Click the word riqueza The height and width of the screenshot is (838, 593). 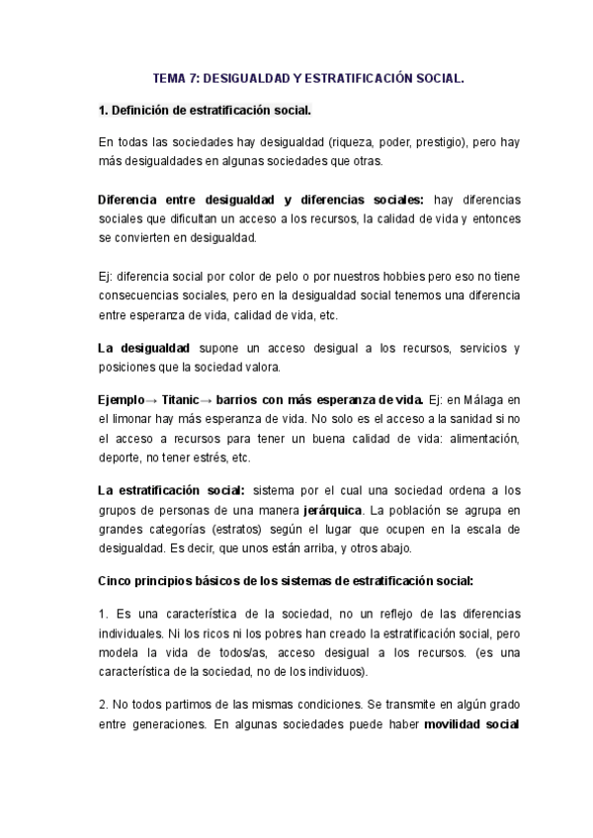click(x=315, y=142)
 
